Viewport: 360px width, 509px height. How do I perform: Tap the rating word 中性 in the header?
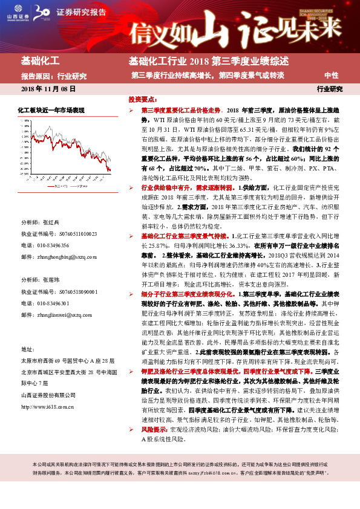coord(331,76)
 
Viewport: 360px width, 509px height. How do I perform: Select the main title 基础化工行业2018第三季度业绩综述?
coord(208,62)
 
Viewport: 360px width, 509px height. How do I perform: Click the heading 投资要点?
coord(143,99)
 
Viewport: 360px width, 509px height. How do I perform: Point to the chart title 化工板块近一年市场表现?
coord(51,109)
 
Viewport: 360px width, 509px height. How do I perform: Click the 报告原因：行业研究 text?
coord(54,76)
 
